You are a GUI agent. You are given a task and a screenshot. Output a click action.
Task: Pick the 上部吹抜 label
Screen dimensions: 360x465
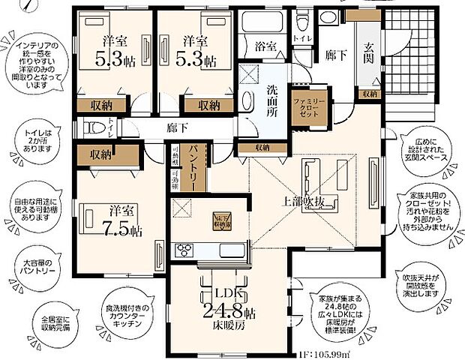coord(303,202)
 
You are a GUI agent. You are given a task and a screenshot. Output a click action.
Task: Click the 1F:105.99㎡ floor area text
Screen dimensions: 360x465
coord(318,353)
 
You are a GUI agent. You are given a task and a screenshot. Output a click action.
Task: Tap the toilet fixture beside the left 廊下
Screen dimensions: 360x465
coord(93,128)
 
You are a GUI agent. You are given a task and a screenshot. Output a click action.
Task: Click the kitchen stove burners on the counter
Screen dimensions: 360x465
coord(184,250)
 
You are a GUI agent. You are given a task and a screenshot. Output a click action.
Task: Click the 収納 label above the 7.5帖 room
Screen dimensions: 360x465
coord(102,154)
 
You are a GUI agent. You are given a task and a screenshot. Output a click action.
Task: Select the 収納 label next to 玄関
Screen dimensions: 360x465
coord(368,94)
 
